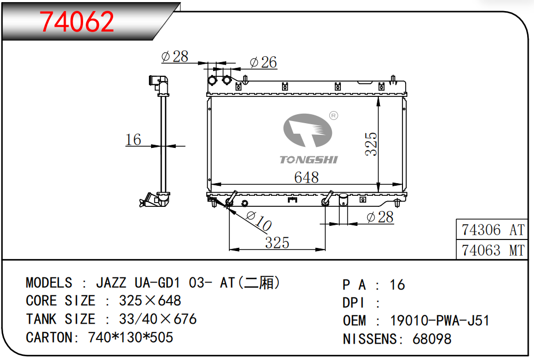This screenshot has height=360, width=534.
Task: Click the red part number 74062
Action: pyautogui.click(x=77, y=22)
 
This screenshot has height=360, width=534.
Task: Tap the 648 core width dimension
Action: pyautogui.click(x=307, y=177)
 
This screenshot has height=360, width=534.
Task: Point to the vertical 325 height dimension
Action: pyautogui.click(x=371, y=144)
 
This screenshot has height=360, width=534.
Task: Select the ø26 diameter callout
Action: pyautogui.click(x=263, y=62)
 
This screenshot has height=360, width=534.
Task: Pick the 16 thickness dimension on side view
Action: pyautogui.click(x=133, y=139)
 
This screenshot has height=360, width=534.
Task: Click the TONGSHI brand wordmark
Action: pyautogui.click(x=308, y=159)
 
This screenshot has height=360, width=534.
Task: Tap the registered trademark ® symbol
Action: pyautogui.click(x=334, y=116)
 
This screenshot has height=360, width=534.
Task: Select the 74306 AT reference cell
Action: pyautogui.click(x=492, y=230)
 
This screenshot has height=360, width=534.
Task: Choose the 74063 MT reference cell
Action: pyautogui.click(x=492, y=251)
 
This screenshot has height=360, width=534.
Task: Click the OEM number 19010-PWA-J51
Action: pyautogui.click(x=439, y=321)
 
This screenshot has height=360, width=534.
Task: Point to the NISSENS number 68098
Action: pyautogui.click(x=432, y=339)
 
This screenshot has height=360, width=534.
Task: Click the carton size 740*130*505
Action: pyautogui.click(x=130, y=337)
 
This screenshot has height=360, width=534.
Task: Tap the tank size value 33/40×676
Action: pyautogui.click(x=158, y=319)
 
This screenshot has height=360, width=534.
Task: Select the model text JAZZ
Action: pyautogui.click(x=111, y=283)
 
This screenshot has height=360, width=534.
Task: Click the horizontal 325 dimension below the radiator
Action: pyautogui.click(x=277, y=243)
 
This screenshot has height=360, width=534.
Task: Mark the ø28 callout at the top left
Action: pyautogui.click(x=175, y=56)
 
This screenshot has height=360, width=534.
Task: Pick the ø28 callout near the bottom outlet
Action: pyautogui.click(x=380, y=217)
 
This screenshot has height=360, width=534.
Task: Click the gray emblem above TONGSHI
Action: pyautogui.click(x=308, y=130)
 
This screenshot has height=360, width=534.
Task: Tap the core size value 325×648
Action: pyautogui.click(x=150, y=301)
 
